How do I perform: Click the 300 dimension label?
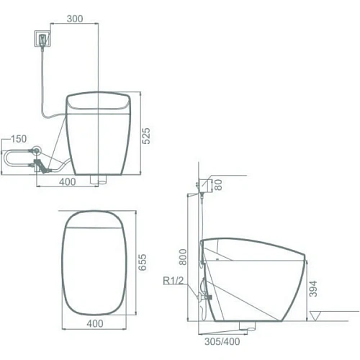[75, 19]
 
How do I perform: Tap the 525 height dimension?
[146, 136]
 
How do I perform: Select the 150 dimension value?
[19, 139]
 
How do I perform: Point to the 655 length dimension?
[143, 262]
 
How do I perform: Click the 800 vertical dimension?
[183, 257]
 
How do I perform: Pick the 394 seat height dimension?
[313, 289]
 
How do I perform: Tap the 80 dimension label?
[218, 185]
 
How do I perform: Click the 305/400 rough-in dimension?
[222, 341]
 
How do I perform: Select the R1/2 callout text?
[174, 280]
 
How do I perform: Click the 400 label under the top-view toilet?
[95, 323]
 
